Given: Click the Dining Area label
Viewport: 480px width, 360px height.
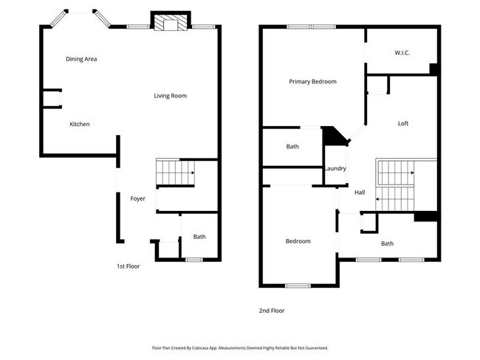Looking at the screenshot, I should [x=81, y=59].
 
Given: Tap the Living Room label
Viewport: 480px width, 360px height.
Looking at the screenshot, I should [x=170, y=96].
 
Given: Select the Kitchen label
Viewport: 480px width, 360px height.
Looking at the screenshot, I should [x=80, y=124].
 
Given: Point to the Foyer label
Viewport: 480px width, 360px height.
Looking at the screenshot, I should [x=138, y=198].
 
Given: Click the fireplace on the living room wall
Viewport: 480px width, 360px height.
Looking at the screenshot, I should [x=171, y=24].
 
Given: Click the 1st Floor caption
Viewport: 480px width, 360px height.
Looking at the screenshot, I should [x=128, y=266].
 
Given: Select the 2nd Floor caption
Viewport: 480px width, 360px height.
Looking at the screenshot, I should [x=271, y=311].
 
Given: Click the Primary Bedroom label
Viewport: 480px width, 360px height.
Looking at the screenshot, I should [x=312, y=82].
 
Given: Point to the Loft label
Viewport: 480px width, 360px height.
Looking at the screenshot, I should [x=403, y=123].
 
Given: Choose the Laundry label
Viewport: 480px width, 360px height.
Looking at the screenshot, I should [x=335, y=169].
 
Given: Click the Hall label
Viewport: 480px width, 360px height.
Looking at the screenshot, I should [x=360, y=193].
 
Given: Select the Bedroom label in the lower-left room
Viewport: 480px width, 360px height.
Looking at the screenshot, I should [x=298, y=241].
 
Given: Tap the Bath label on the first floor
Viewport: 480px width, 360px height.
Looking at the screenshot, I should [x=199, y=237].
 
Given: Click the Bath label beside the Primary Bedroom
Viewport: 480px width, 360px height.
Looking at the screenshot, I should [x=292, y=147].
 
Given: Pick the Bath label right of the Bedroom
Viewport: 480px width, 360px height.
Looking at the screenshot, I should [x=387, y=243].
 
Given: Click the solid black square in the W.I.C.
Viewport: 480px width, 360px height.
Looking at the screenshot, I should [x=434, y=69].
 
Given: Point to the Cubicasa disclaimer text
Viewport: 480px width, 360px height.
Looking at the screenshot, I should [x=239, y=347].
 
